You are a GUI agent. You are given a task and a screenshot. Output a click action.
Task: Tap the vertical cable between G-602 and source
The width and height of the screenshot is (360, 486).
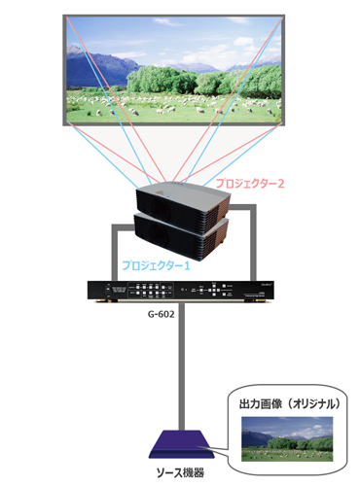tap(178, 369)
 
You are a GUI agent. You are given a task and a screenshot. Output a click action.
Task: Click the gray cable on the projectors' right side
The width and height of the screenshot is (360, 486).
tap(252, 243)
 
